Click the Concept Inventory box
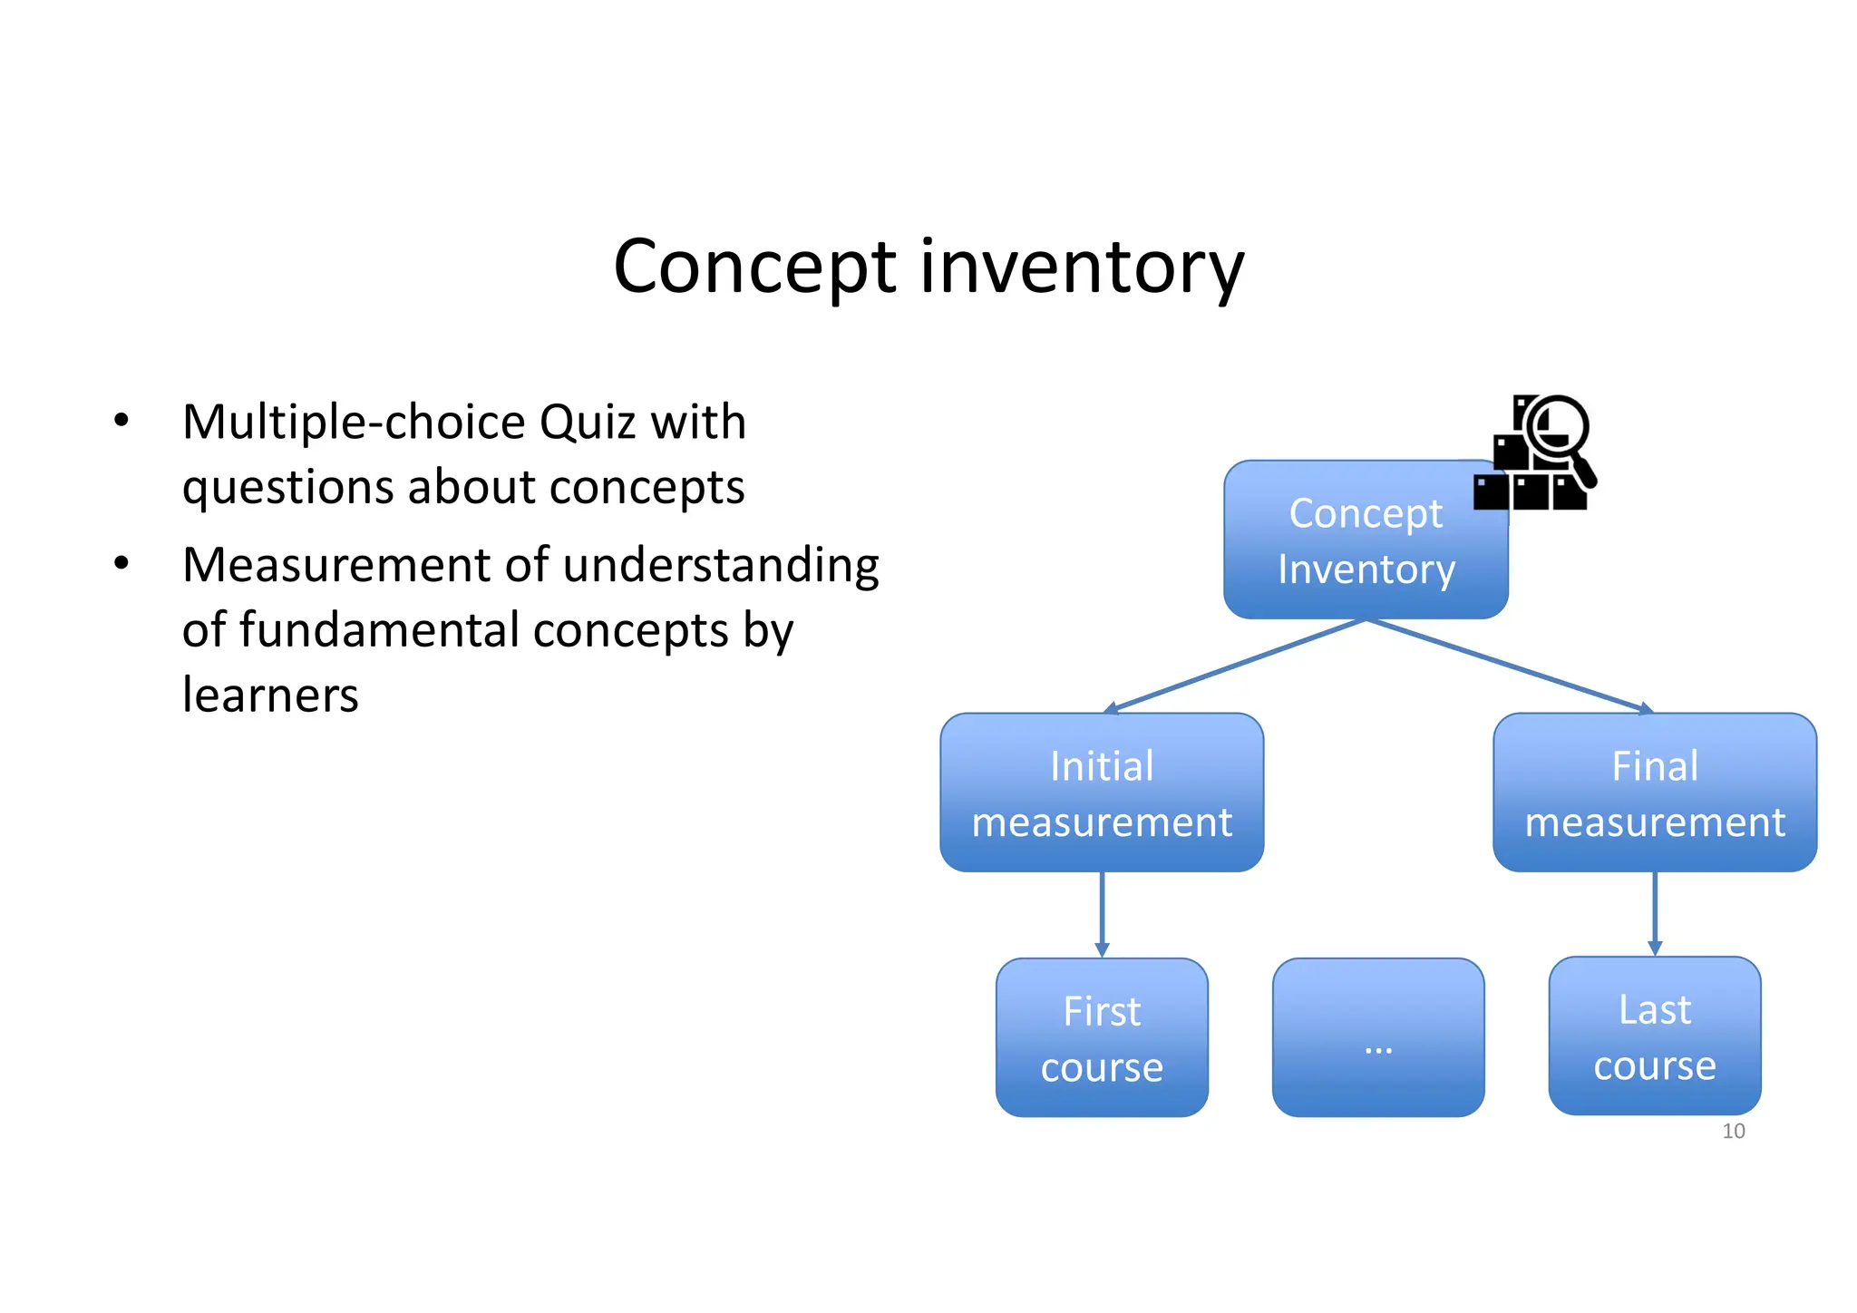[1365, 540]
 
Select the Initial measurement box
[1102, 793]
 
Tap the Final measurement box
[1654, 793]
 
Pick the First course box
[1102, 1037]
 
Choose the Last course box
[1654, 1036]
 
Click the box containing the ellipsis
[1378, 1037]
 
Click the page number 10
[1733, 1131]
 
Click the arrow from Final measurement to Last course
[1654, 912]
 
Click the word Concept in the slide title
[754, 267]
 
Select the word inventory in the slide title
[1083, 267]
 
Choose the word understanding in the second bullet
[721, 566]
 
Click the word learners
[270, 695]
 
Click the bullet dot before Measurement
[122, 564]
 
